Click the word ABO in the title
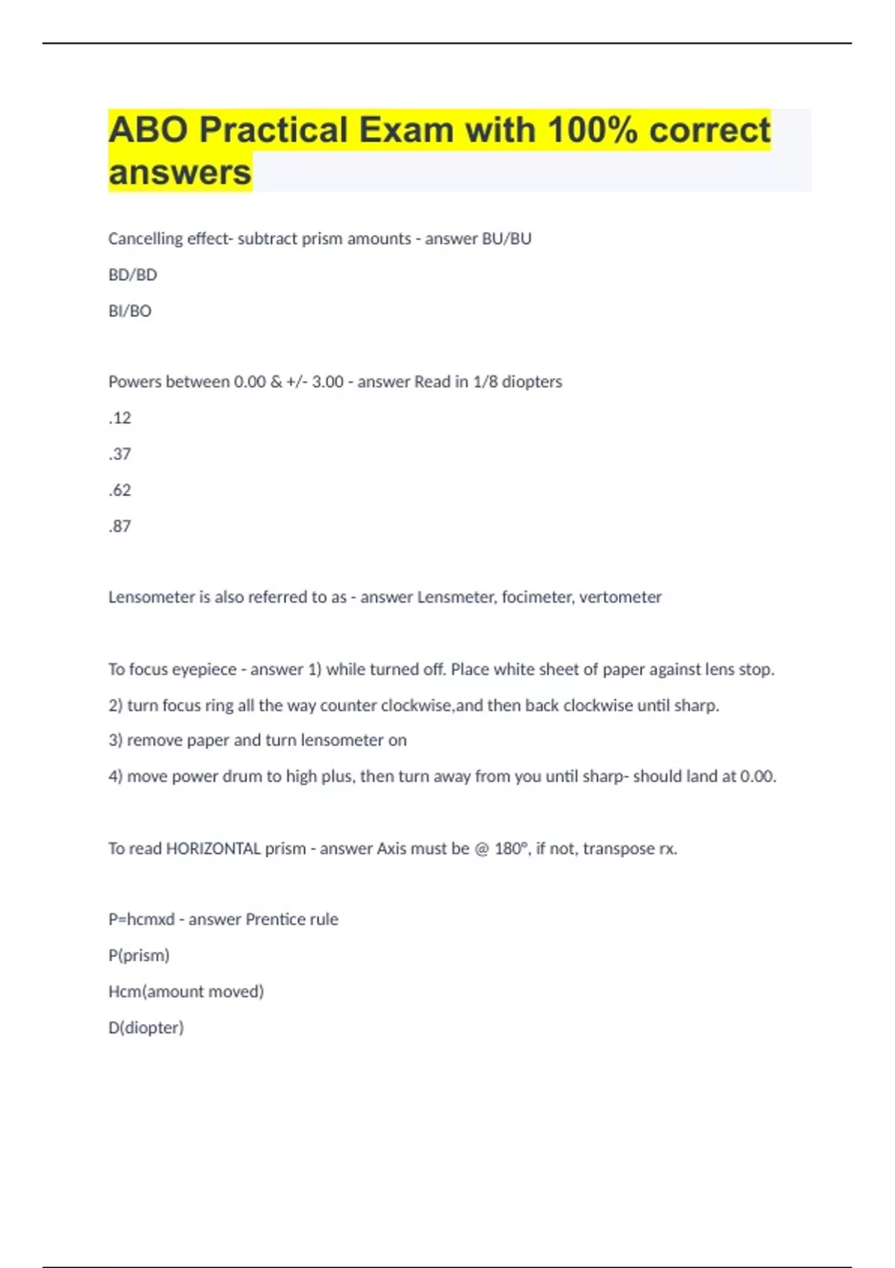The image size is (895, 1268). click(x=148, y=130)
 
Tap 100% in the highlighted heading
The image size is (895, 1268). click(x=592, y=130)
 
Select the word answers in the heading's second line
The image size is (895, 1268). click(x=180, y=172)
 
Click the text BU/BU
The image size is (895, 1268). click(x=507, y=239)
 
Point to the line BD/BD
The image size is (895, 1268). click(x=133, y=275)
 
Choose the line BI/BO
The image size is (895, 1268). click(x=130, y=311)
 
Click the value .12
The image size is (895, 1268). click(x=120, y=418)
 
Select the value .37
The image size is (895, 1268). click(x=120, y=454)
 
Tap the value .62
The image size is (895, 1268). click(x=120, y=490)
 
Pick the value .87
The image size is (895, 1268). click(x=120, y=527)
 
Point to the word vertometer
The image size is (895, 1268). click(x=621, y=597)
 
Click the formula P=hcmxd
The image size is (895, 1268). click(x=142, y=920)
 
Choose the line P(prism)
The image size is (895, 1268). click(x=139, y=955)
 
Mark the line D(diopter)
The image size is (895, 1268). click(x=146, y=1028)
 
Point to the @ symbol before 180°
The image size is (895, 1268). click(x=482, y=849)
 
